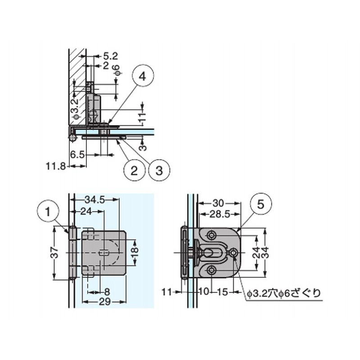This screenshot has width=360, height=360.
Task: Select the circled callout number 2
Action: [134, 171]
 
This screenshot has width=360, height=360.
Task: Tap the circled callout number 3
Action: [159, 171]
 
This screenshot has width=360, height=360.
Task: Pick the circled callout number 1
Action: [48, 211]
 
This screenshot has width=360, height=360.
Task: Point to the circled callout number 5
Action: [261, 204]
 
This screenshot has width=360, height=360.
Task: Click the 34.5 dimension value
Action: [94, 200]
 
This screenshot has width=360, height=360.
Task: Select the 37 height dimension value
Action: [54, 252]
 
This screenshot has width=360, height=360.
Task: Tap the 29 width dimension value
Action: [105, 301]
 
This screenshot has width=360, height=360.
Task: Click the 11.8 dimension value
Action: [56, 166]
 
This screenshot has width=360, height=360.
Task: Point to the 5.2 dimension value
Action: [110, 56]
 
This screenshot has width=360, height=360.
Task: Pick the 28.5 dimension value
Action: [220, 215]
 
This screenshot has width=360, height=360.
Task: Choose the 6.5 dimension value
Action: [77, 155]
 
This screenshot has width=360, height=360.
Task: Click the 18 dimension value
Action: [135, 252]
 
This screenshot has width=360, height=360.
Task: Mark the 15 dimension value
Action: [222, 292]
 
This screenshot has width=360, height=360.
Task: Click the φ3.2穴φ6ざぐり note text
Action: [283, 293]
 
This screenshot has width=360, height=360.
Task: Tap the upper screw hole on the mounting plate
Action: [211, 235]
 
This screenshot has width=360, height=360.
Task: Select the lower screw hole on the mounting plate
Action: [211, 270]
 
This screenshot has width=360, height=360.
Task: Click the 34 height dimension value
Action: [265, 252]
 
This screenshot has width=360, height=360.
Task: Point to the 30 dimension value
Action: [218, 203]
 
